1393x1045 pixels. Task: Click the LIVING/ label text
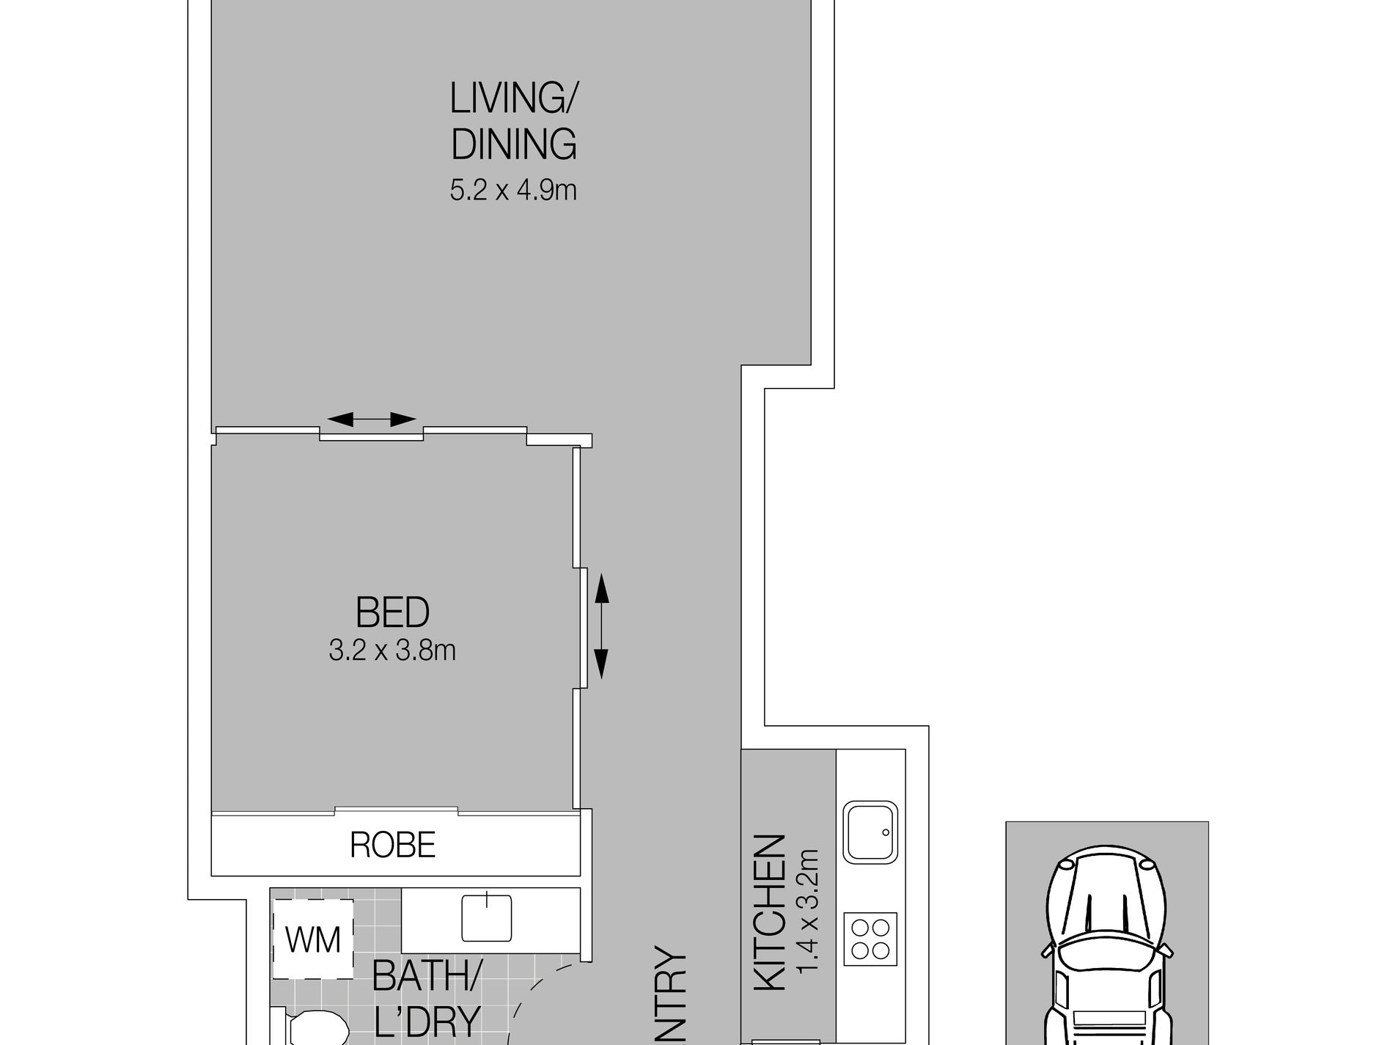[x=513, y=100]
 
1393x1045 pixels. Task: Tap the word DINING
[x=513, y=144]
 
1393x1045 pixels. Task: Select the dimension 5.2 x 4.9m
[x=513, y=191]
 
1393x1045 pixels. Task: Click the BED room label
[x=392, y=612]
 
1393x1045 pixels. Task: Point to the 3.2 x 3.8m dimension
[x=392, y=650]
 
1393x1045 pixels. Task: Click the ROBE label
[x=393, y=846]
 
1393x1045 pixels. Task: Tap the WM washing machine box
[x=313, y=939]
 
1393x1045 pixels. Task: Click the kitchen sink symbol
[x=870, y=832]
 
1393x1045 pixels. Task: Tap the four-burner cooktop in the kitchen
[x=870, y=939]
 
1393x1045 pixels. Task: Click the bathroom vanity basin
[x=486, y=917]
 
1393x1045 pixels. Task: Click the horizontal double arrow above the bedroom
[x=371, y=419]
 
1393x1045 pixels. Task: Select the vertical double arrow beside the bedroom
[x=600, y=626]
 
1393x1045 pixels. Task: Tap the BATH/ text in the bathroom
[x=427, y=976]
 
